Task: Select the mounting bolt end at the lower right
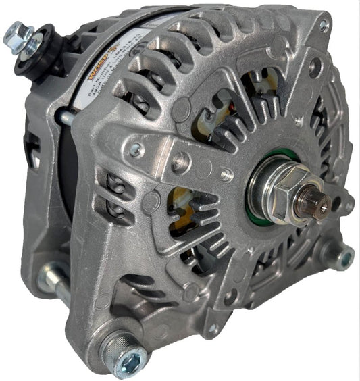pos(343,257)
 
